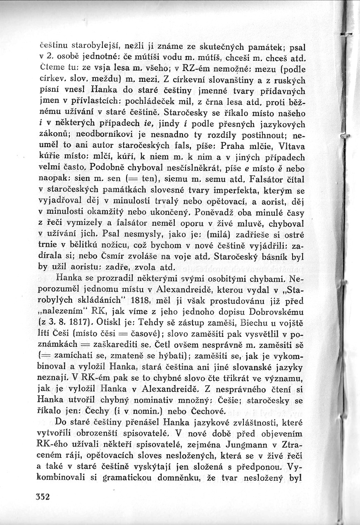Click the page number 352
tap(42, 496)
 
